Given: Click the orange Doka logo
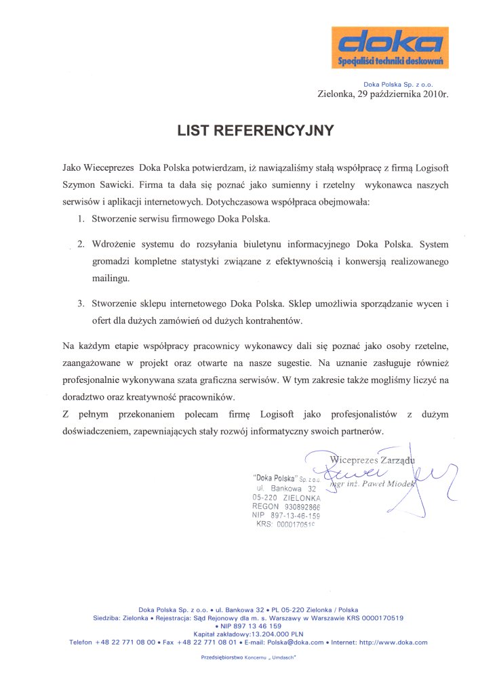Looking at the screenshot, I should [x=389, y=48].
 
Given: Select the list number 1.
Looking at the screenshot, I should [x=80, y=220].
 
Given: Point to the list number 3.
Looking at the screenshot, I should [x=80, y=303].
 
